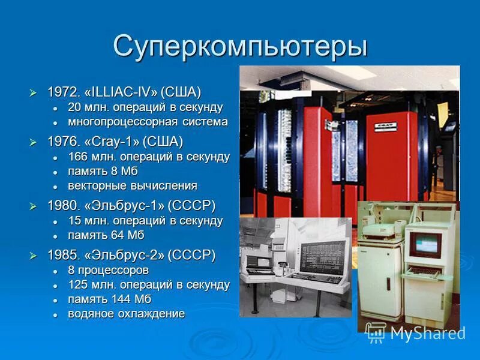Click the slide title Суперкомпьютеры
pos(239,46)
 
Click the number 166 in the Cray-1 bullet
pos(78,157)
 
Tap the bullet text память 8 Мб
pos(103,171)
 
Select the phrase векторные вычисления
pos(132,185)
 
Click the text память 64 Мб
pos(106,235)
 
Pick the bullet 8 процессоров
pos(108,271)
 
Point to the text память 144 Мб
pos(109,299)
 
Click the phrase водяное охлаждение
pos(126,314)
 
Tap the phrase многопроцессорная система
pos(148,122)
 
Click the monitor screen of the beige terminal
pos(425,244)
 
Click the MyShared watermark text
pos(427,333)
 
